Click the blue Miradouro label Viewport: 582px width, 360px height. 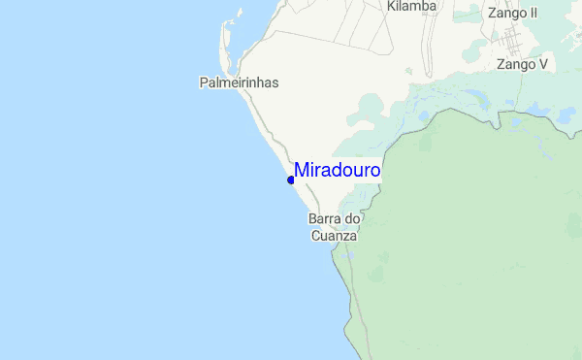point(337,171)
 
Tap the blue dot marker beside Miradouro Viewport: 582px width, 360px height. point(291,180)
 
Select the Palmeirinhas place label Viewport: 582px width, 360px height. point(239,83)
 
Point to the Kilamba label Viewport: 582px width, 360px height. point(411,7)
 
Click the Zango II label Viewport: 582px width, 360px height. point(512,14)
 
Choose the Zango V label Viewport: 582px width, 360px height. point(522,65)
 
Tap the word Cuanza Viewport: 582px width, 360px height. point(335,236)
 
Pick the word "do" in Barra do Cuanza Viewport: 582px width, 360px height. point(354,219)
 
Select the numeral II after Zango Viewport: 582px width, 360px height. point(532,14)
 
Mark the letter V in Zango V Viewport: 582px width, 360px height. point(543,65)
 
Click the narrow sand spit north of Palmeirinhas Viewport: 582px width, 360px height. point(225,44)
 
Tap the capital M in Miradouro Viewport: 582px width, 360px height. point(302,171)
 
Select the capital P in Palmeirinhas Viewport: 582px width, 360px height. point(204,83)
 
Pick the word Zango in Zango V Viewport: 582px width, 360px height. point(514,65)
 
